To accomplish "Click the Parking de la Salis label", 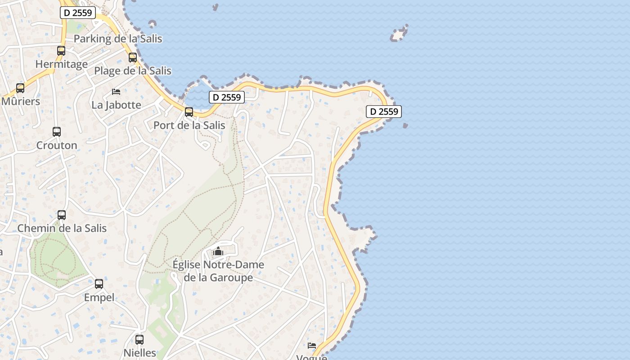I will click(x=117, y=39).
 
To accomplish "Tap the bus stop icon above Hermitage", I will click(x=61, y=51).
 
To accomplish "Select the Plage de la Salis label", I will click(x=132, y=71).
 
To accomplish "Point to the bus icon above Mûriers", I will click(x=20, y=88).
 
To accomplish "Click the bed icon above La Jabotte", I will click(x=116, y=92).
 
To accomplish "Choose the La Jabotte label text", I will click(x=116, y=105).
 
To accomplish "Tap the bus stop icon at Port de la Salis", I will click(x=189, y=112).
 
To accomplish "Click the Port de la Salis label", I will click(x=189, y=125).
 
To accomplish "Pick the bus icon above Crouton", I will click(x=57, y=132).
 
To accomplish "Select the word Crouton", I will click(x=57, y=145).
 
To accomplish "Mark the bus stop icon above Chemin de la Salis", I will click(x=62, y=215).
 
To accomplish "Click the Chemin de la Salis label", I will click(x=62, y=228).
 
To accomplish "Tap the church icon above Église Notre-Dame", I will click(x=218, y=251).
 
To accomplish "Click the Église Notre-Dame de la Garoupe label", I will click(x=218, y=271).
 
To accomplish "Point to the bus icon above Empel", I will click(x=99, y=284).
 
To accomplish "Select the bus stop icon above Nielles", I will click(x=139, y=340).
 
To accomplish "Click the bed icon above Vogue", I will click(x=312, y=346).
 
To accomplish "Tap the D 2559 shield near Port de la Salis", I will click(x=227, y=97).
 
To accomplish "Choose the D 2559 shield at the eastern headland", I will click(x=383, y=112).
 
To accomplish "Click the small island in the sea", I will click(x=399, y=34).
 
